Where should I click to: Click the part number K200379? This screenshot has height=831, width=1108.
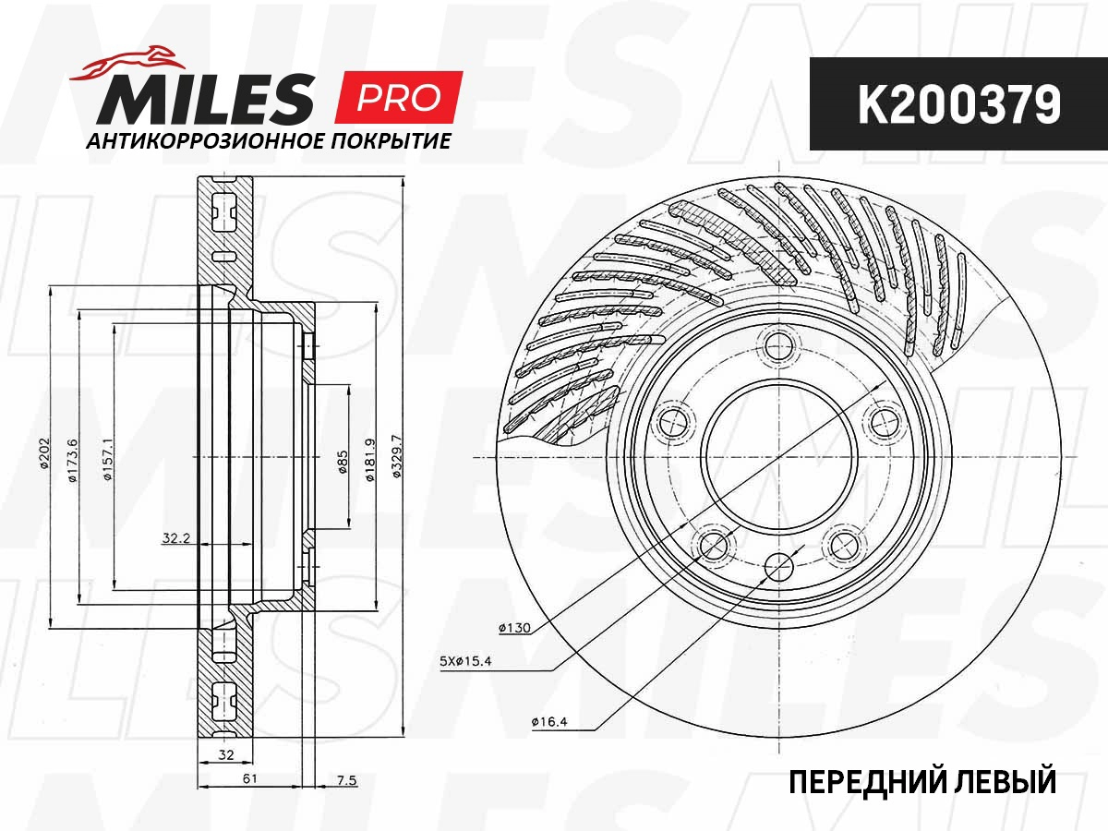(x=958, y=104)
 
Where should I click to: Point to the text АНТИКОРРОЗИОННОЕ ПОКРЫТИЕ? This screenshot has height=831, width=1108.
(x=267, y=141)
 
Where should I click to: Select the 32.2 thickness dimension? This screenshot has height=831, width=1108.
(x=175, y=539)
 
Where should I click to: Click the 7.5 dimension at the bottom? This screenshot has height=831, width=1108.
(x=345, y=780)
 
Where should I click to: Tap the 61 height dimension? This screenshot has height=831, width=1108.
(x=249, y=779)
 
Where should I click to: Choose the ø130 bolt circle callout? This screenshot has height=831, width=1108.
(x=512, y=629)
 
